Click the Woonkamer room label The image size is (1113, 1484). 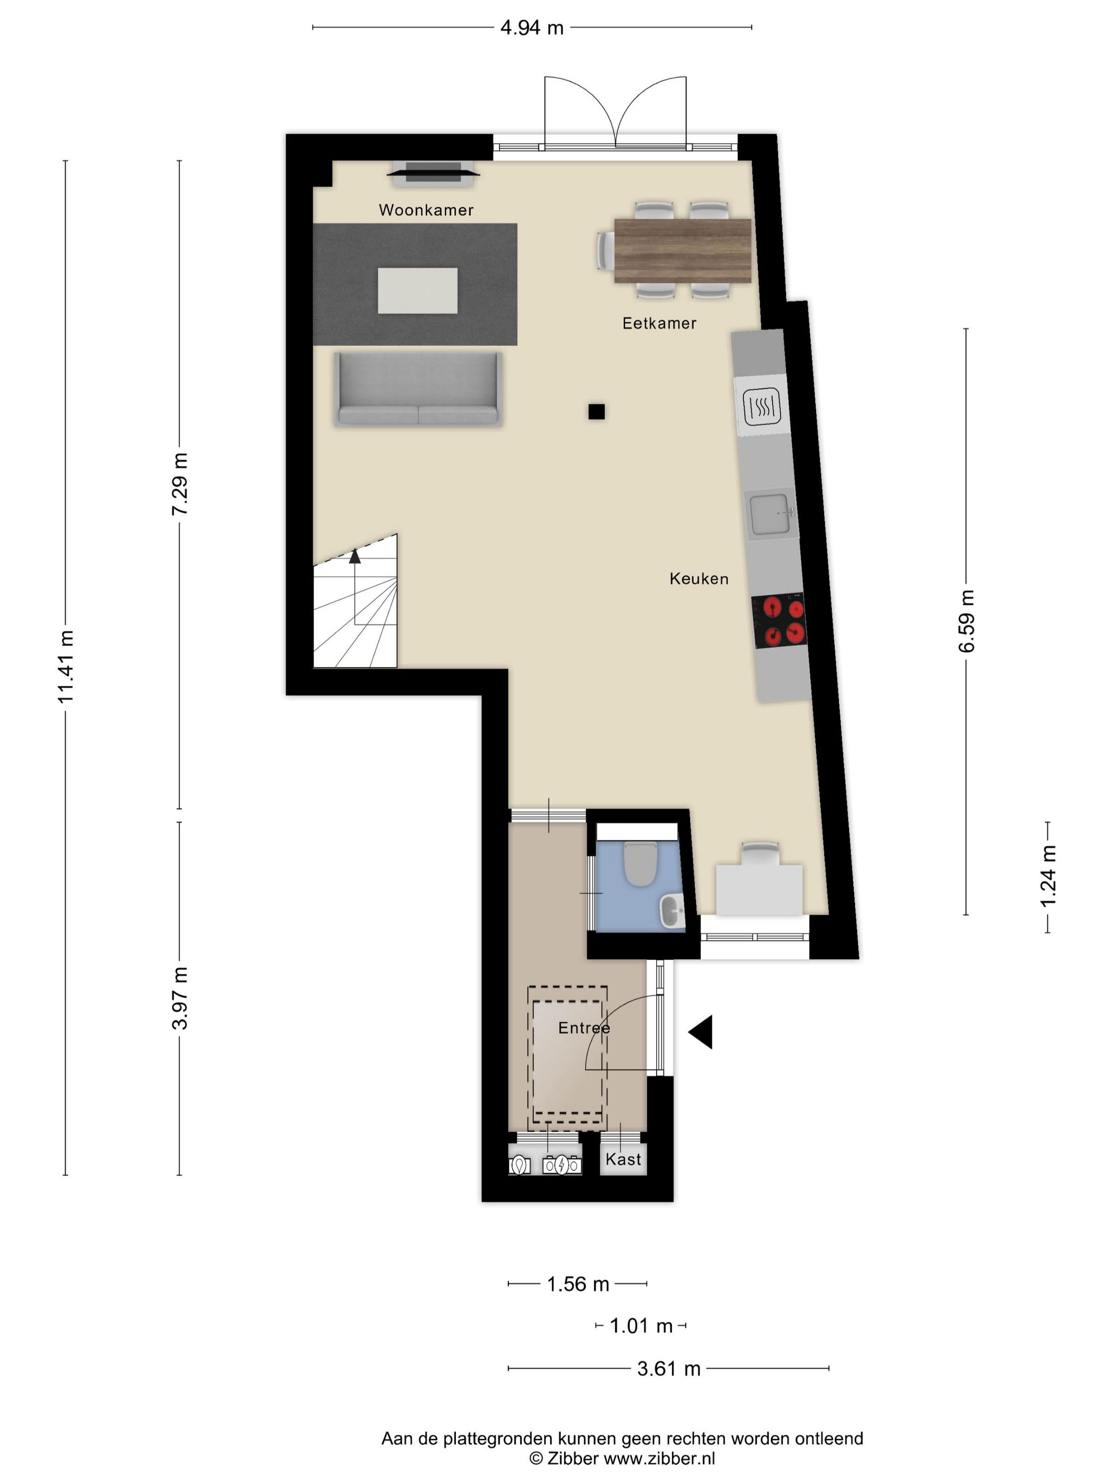click(x=426, y=210)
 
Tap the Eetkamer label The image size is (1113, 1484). click(x=659, y=323)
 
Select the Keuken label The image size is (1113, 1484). click(x=699, y=579)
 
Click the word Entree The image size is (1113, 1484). click(x=584, y=1028)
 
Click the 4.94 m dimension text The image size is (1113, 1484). click(x=532, y=28)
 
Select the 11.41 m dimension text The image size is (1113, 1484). click(x=66, y=667)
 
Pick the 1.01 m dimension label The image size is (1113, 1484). click(x=641, y=1326)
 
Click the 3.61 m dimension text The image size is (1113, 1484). click(x=668, y=1368)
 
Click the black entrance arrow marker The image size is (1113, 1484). click(x=702, y=1032)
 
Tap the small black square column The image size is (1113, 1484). click(x=596, y=412)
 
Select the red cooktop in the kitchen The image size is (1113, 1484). click(x=780, y=621)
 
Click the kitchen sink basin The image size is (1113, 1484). click(x=769, y=515)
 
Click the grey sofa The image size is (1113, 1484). click(x=418, y=391)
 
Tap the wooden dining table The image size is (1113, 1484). click(x=682, y=251)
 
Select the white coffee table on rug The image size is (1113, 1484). click(x=417, y=290)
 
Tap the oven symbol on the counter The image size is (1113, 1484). click(x=762, y=407)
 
